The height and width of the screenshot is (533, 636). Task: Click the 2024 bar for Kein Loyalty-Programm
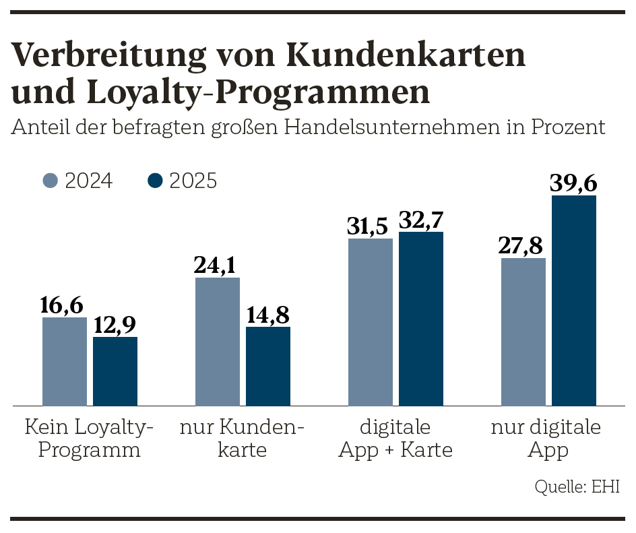click(x=65, y=361)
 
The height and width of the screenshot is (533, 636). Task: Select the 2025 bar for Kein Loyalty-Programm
click(x=115, y=371)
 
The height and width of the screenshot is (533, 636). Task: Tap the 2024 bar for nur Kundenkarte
click(x=218, y=342)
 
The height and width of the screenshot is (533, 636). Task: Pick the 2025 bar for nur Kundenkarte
click(x=268, y=366)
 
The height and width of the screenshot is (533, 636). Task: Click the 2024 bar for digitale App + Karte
click(x=371, y=322)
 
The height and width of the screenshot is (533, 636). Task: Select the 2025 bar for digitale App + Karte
click(x=421, y=319)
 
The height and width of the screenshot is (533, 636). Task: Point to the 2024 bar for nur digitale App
click(x=523, y=332)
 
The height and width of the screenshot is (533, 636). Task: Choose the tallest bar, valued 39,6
click(x=574, y=301)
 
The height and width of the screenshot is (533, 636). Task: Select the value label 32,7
click(x=422, y=220)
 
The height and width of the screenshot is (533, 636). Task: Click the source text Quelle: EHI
click(x=577, y=487)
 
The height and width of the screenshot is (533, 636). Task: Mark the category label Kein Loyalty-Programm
click(x=90, y=438)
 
